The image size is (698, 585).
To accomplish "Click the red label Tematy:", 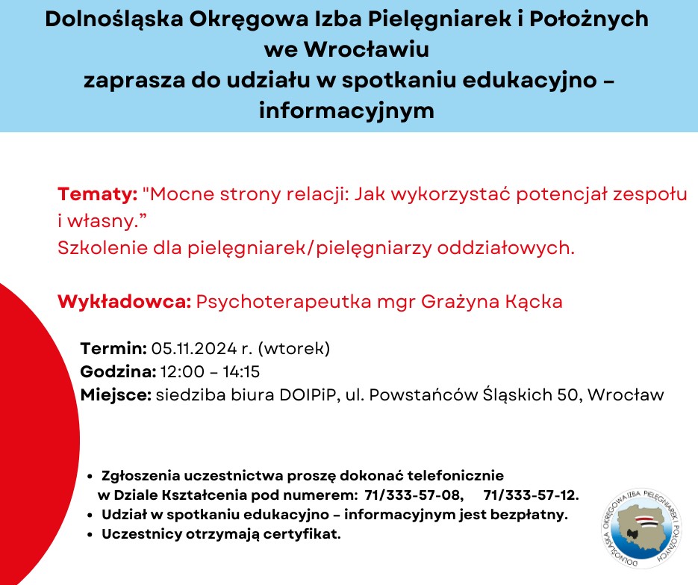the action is [98, 194].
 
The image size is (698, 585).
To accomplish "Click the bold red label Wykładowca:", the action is [124, 302].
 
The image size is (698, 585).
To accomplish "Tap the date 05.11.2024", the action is [194, 348].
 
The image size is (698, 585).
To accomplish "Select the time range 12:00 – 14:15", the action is [210, 371].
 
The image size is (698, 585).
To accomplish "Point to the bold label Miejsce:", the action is [116, 394].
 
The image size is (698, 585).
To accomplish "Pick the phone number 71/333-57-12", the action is [531, 495].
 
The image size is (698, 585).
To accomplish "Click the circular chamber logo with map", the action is [641, 529].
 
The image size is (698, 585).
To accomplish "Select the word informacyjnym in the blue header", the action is [346, 110].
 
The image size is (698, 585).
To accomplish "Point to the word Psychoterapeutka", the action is [284, 302].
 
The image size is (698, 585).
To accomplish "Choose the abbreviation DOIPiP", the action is [307, 394].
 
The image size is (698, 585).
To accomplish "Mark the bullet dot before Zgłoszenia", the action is [90, 476].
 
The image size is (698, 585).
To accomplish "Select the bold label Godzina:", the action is [118, 371].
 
